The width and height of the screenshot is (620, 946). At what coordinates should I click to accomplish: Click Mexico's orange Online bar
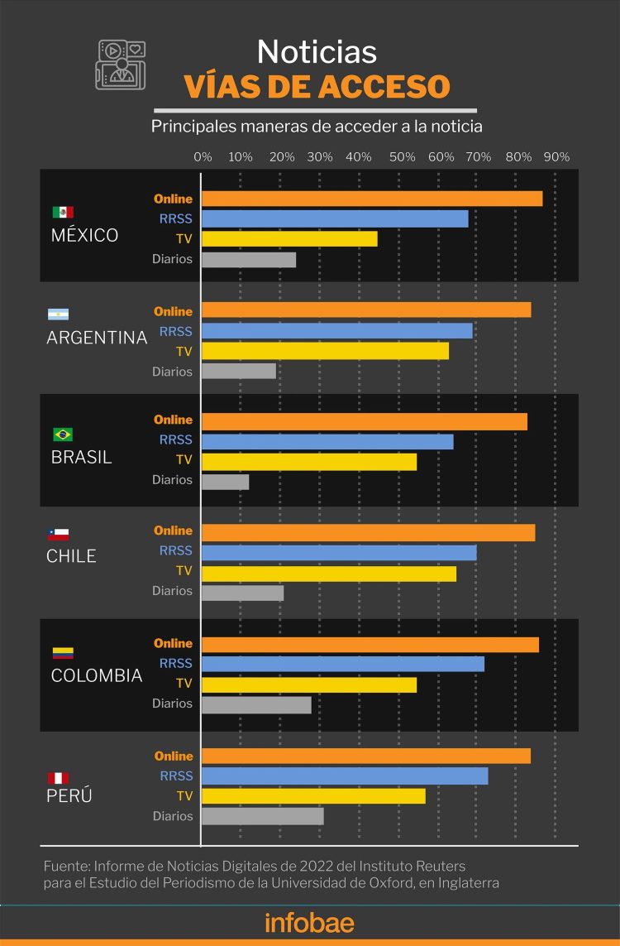[x=372, y=199]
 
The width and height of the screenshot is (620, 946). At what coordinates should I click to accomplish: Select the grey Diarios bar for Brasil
[x=225, y=481]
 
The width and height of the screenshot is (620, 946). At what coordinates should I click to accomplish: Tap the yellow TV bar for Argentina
[x=325, y=351]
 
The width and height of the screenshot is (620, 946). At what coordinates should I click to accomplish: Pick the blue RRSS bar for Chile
[x=339, y=552]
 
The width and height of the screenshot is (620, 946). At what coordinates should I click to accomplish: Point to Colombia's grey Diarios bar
[x=256, y=704]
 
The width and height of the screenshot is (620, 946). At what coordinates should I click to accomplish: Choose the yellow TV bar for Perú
[x=313, y=796]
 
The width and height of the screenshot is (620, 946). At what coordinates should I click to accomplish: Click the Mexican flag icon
[x=63, y=212]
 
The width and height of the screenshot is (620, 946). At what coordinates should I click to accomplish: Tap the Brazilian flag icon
[x=63, y=435]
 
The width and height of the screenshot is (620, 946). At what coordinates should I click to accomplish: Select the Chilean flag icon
[x=58, y=534]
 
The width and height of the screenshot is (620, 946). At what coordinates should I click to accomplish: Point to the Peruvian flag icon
[x=58, y=778]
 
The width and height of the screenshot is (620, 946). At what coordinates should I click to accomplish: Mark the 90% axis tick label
[x=556, y=157]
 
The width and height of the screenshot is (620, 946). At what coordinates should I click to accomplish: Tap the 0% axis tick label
[x=203, y=157]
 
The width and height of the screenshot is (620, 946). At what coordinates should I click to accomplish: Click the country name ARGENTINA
[x=97, y=338]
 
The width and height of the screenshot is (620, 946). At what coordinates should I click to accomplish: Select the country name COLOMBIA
[x=97, y=675]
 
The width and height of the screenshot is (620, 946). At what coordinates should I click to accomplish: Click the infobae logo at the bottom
[x=309, y=922]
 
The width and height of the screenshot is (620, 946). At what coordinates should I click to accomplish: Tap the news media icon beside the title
[x=121, y=64]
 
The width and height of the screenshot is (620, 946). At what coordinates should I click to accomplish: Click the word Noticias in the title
[x=317, y=52]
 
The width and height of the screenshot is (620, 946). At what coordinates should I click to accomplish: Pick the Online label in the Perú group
[x=173, y=756]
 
